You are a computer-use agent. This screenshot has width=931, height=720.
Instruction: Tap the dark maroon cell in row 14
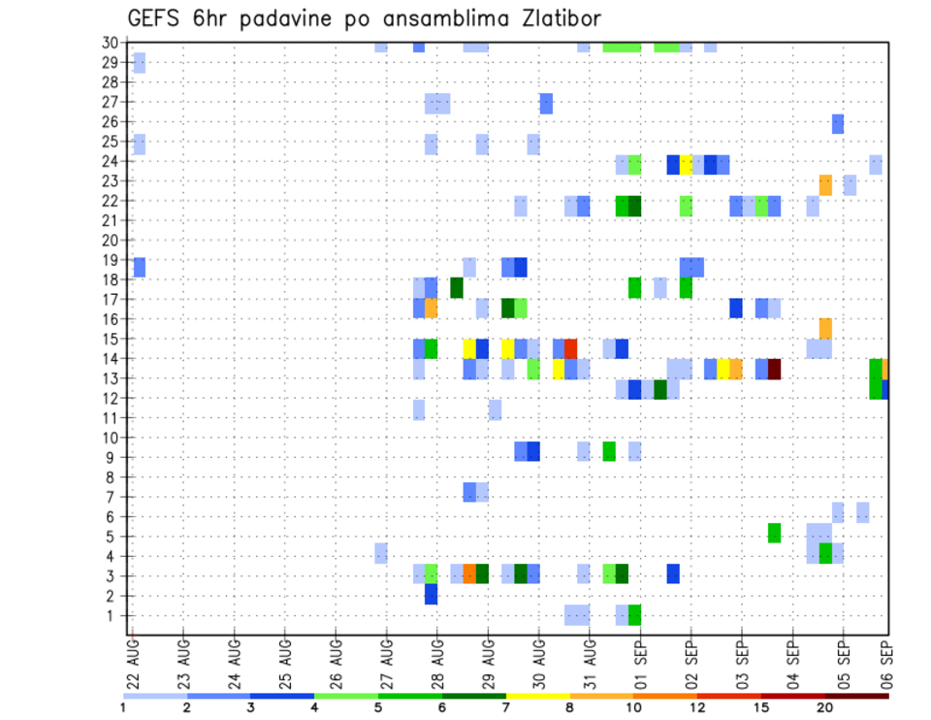pyautogui.click(x=774, y=369)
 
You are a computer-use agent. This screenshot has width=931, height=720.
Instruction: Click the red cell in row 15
pyautogui.click(x=571, y=348)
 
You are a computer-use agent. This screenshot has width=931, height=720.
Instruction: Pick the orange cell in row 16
pyautogui.click(x=825, y=328)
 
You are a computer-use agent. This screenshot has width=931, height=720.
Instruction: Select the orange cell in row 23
pyautogui.click(x=825, y=184)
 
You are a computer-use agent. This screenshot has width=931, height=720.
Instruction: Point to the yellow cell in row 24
pyautogui.click(x=686, y=164)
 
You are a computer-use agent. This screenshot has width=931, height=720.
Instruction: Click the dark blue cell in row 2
pyautogui.click(x=431, y=594)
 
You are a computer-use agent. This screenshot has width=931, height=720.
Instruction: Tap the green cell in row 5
pyautogui.click(x=774, y=533)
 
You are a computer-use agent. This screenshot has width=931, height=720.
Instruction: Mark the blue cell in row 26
pyautogui.click(x=838, y=123)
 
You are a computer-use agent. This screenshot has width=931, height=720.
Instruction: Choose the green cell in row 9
pyautogui.click(x=609, y=451)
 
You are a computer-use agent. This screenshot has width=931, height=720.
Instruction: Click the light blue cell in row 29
pyautogui.click(x=140, y=63)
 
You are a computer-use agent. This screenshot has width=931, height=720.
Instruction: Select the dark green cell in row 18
pyautogui.click(x=457, y=287)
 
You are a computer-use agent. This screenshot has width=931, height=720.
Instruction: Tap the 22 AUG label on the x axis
pyautogui.click(x=133, y=660)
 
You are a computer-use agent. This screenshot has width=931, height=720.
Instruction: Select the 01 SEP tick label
pyautogui.click(x=640, y=660)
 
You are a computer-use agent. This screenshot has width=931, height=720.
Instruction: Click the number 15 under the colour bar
pyautogui.click(x=762, y=707)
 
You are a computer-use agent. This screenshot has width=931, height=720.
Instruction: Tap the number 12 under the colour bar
pyautogui.click(x=698, y=707)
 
